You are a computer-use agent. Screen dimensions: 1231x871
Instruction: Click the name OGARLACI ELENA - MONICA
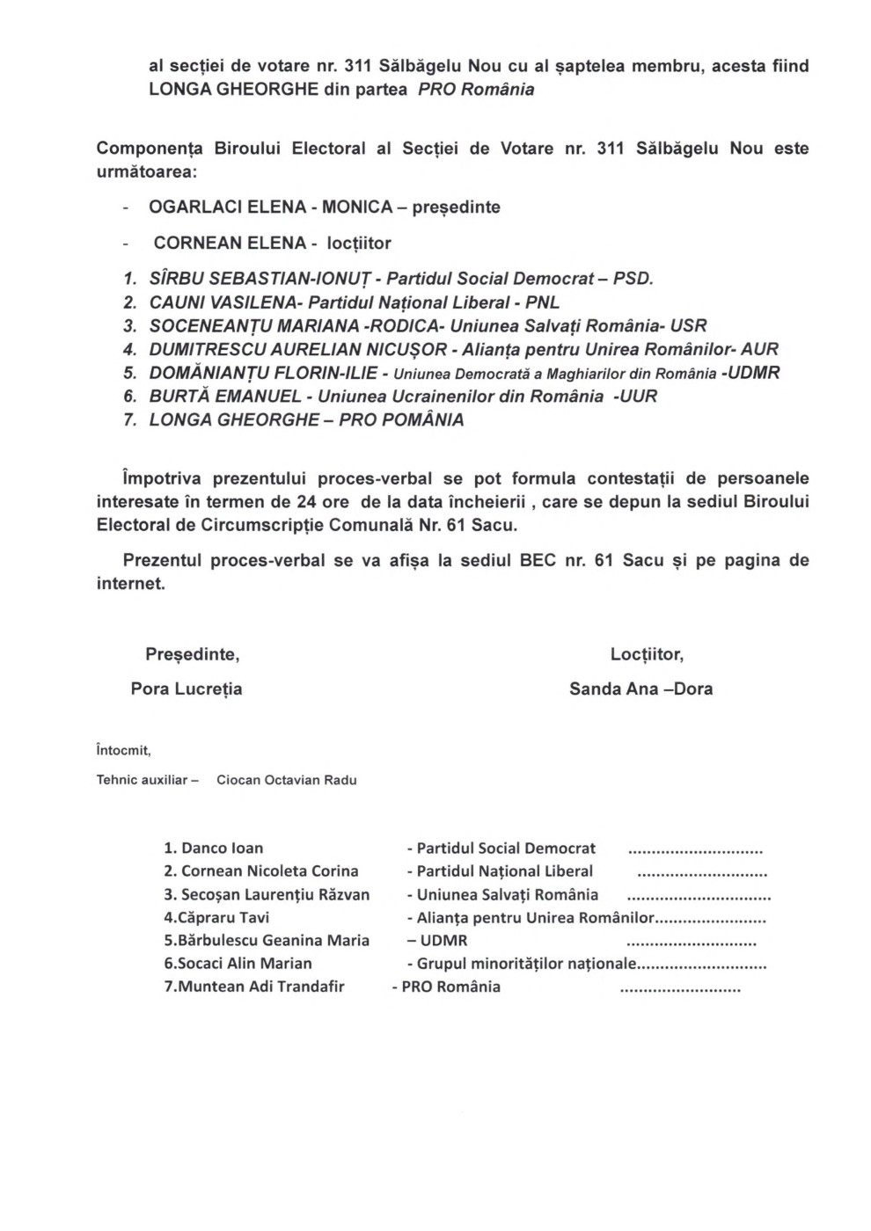pos(270,208)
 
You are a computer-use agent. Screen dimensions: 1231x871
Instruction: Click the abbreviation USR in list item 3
pos(688,326)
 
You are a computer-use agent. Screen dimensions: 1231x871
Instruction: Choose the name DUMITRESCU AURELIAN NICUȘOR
pos(297,349)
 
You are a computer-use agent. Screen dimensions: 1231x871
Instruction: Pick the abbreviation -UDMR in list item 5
pos(750,373)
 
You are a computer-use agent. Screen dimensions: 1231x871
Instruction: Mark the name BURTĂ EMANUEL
pos(225,397)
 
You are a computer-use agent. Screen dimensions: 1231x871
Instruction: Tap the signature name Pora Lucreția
pos(187,688)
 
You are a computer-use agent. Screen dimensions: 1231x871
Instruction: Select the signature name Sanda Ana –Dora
pos(640,688)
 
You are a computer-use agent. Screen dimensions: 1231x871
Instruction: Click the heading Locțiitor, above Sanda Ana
pos(647,654)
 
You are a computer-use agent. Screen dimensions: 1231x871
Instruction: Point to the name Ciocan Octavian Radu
pos(287,780)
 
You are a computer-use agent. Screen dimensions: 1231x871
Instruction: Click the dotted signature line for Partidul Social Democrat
pos(695,850)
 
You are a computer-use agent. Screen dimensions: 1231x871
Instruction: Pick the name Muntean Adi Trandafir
pos(261,987)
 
